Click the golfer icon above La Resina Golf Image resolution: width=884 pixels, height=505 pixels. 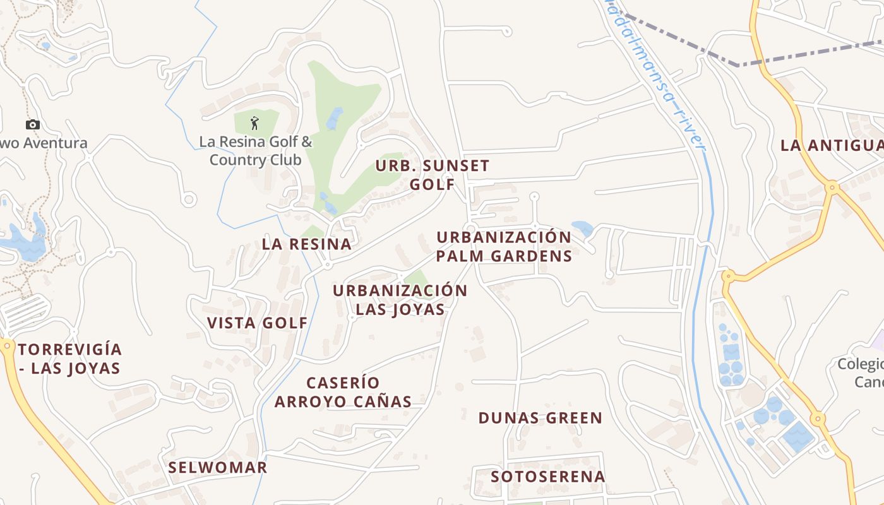tap(255, 122)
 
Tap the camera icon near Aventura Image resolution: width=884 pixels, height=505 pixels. tap(33, 124)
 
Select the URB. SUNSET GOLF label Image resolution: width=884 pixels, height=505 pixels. tap(433, 175)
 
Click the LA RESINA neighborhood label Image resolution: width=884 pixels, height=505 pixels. tap(306, 244)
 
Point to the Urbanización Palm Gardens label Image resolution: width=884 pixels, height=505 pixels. tap(504, 247)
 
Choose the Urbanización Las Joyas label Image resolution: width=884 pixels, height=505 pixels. tap(400, 300)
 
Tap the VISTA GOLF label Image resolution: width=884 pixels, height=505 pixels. tap(258, 323)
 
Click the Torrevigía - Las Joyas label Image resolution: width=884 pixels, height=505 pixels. tap(69, 359)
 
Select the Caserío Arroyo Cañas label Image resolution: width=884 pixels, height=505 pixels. tap(343, 392)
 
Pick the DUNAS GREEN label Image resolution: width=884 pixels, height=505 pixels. tap(541, 418)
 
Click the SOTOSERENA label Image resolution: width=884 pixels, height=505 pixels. tap(548, 477)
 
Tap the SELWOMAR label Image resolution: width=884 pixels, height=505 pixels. tap(218, 468)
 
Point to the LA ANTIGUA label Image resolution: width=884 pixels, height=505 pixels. tap(832, 145)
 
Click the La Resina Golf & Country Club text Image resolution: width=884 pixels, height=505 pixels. tap(256, 150)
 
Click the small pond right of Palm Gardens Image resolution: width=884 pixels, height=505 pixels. tap(582, 228)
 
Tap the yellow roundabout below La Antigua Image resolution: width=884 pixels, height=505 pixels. tap(832, 187)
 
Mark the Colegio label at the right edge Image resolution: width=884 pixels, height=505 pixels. tap(860, 372)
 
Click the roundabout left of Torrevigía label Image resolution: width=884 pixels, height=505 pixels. tap(7, 345)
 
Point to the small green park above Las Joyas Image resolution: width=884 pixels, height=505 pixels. tap(415, 280)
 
